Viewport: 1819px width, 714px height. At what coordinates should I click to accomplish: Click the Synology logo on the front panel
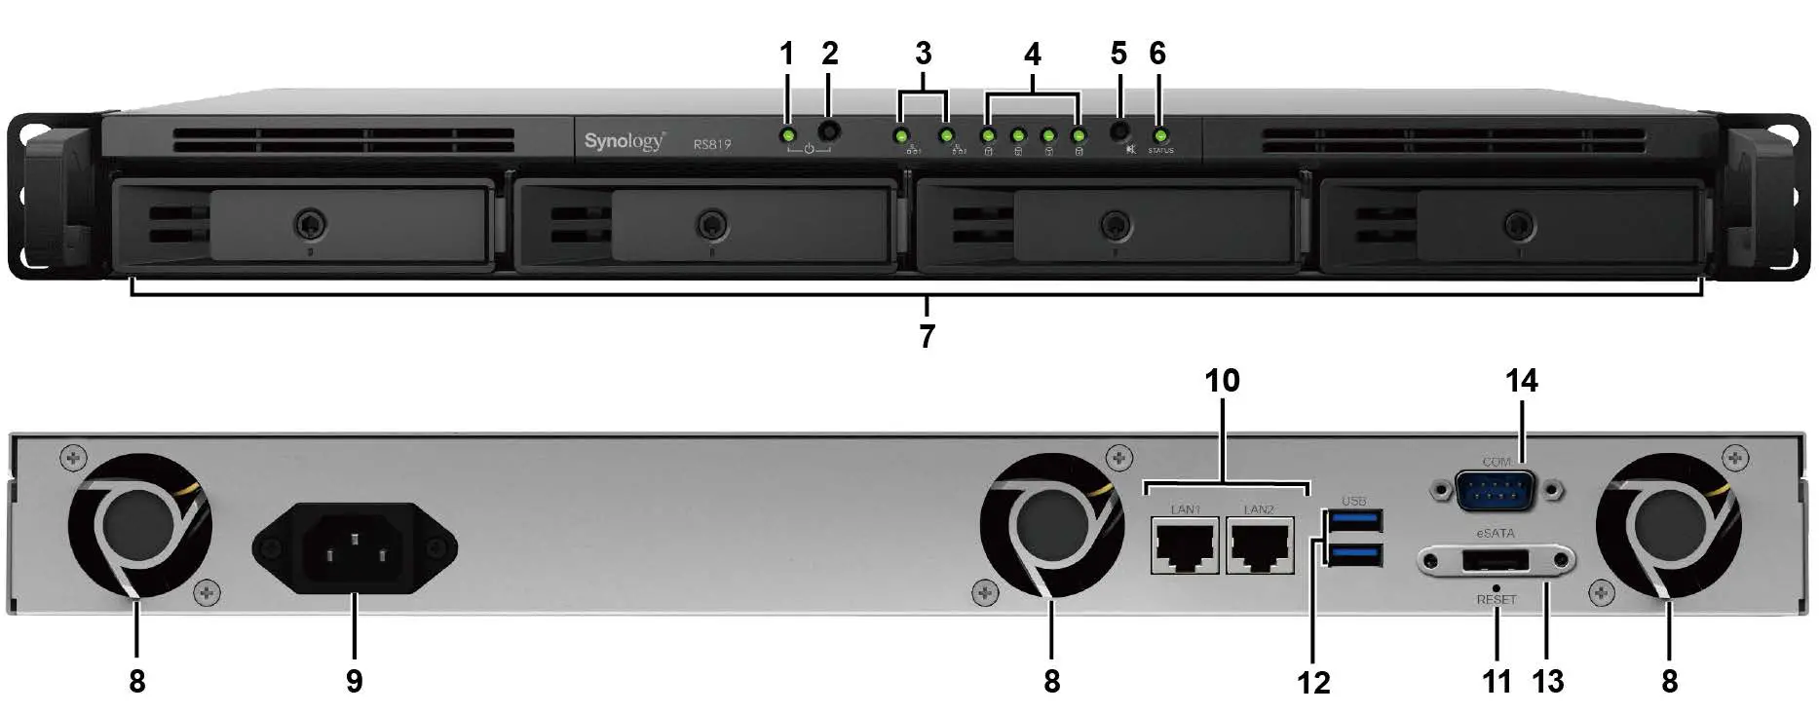click(624, 141)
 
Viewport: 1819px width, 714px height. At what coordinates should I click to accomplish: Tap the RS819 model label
click(712, 144)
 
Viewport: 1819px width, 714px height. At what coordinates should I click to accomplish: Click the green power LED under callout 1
click(788, 134)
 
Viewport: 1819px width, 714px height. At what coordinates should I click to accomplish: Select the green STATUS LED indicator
click(1159, 135)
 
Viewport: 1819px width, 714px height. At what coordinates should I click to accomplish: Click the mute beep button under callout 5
click(1119, 130)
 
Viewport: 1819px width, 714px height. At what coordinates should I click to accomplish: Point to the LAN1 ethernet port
click(1185, 546)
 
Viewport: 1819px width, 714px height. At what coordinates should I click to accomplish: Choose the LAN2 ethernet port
click(1260, 546)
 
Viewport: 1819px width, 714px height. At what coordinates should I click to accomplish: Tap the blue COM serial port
click(1495, 490)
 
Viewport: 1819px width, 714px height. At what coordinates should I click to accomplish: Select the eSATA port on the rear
click(1495, 561)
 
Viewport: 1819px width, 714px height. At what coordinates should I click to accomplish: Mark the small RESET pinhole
click(1497, 587)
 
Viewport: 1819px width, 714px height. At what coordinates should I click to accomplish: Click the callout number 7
click(927, 337)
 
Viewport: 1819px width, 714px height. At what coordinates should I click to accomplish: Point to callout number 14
click(1521, 381)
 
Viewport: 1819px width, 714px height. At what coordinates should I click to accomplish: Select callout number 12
click(1312, 683)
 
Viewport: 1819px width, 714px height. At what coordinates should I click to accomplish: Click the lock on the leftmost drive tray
click(310, 224)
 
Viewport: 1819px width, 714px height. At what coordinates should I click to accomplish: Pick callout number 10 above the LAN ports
click(1222, 381)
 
